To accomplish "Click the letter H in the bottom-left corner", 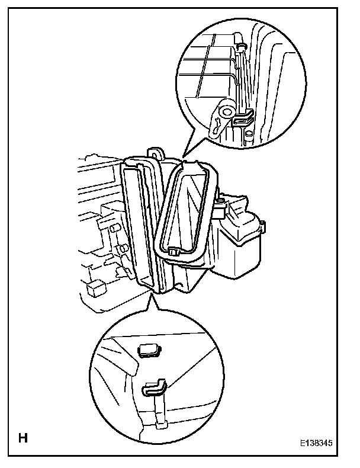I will coord(23,438).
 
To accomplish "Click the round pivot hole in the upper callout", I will coord(225,111).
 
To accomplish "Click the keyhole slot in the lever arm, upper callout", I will coord(218,124).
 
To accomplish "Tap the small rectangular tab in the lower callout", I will coord(149,351).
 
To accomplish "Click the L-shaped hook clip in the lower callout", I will coord(153,389).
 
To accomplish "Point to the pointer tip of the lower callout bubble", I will coord(155,294).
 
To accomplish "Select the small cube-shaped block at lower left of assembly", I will coord(94,289).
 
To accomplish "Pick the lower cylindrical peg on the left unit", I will coord(121,249).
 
